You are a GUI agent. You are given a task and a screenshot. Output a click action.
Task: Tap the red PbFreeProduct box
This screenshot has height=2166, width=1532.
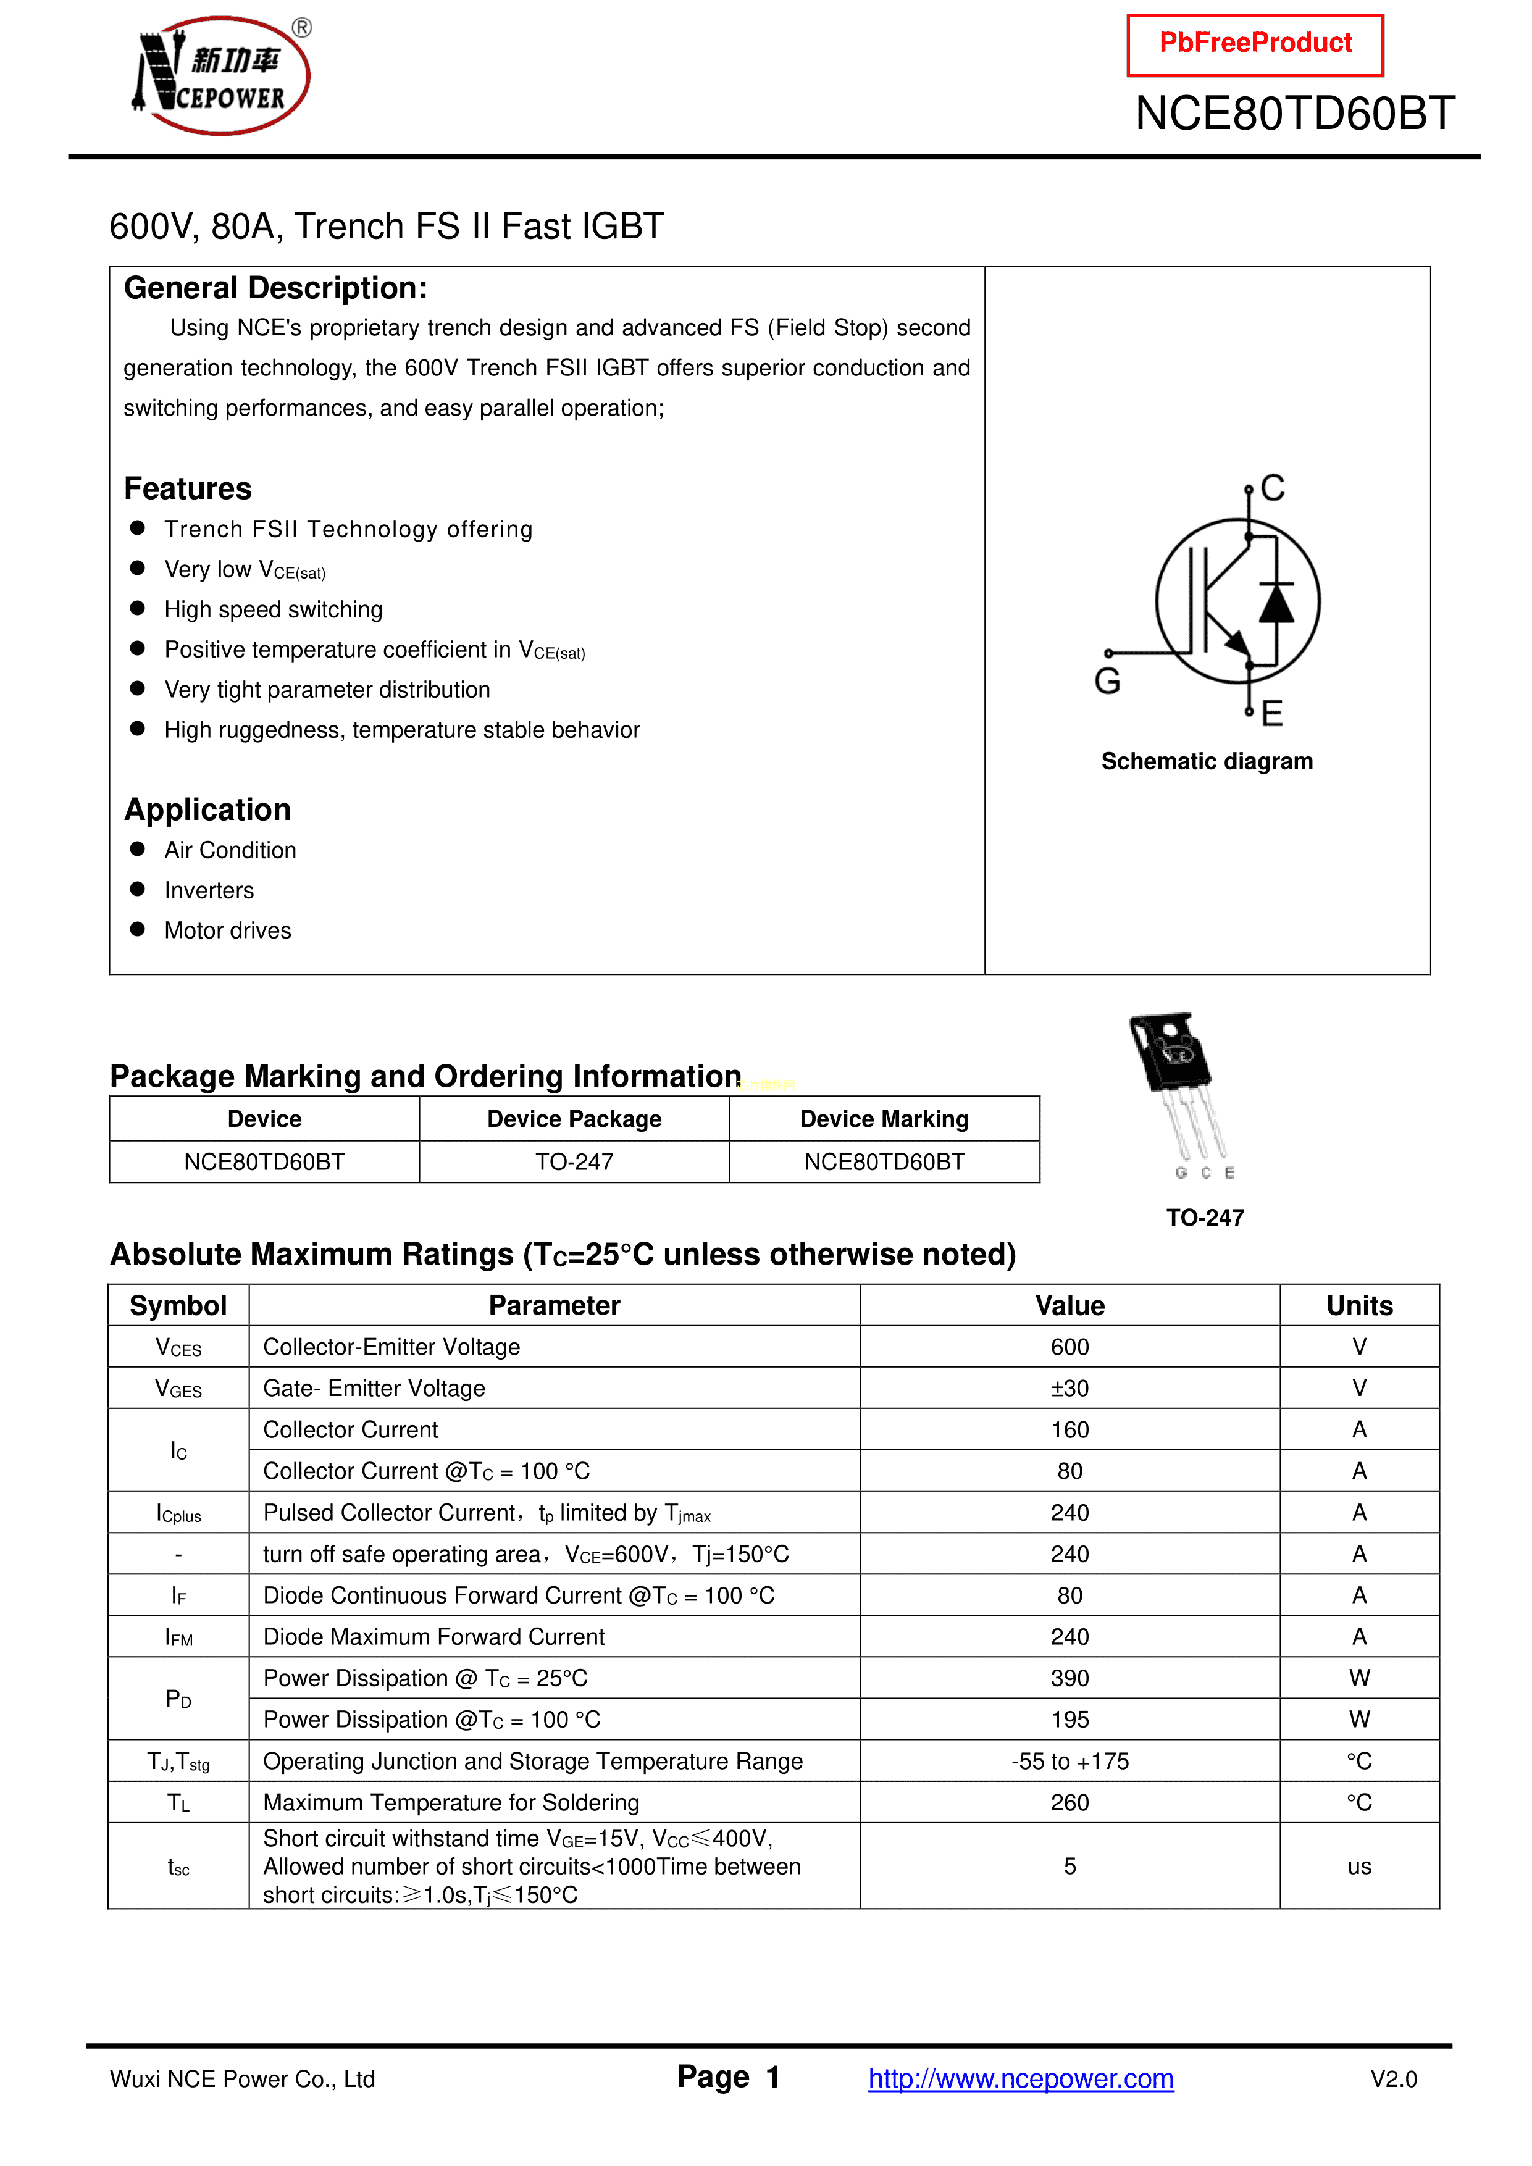1255,44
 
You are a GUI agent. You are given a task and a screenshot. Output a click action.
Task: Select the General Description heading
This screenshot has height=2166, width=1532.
275,288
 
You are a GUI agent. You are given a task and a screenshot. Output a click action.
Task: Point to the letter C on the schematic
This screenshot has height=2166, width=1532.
1273,488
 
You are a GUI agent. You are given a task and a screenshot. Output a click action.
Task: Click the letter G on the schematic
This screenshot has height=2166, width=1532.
1108,681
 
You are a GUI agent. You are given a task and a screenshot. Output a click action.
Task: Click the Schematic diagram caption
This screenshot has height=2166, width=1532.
1207,761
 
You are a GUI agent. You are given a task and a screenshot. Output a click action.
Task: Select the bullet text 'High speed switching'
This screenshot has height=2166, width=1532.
273,609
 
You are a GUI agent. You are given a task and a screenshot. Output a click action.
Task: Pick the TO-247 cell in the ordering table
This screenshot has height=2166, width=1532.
574,1162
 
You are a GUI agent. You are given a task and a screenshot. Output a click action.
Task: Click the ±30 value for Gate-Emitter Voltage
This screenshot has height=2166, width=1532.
1069,1389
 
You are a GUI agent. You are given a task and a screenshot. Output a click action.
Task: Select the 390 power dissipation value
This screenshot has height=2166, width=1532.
1069,1678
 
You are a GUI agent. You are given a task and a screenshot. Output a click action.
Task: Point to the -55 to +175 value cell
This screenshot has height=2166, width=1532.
1069,1762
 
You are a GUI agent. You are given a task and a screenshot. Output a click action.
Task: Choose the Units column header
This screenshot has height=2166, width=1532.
1358,1306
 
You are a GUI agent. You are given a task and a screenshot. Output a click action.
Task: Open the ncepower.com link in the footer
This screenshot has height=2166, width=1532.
1021,2078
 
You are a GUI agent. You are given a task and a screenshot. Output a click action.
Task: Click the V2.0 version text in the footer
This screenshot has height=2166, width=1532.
1393,2079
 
